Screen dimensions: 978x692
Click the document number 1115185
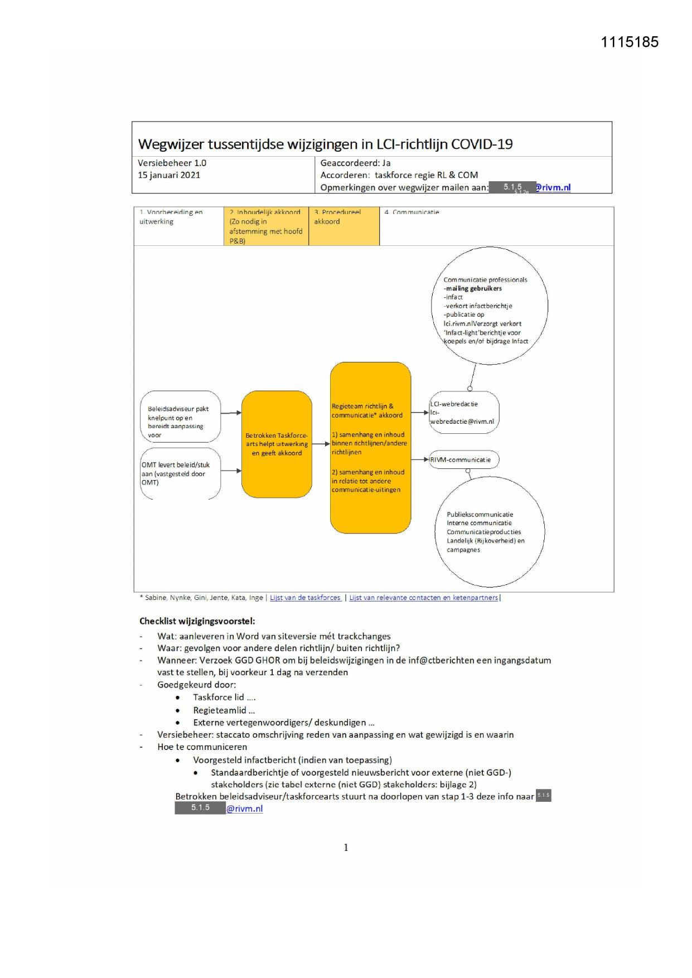pyautogui.click(x=629, y=42)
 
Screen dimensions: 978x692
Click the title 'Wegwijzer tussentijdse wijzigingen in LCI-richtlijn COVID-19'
pyautogui.click(x=325, y=144)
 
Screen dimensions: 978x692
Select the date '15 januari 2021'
pyautogui.click(x=169, y=175)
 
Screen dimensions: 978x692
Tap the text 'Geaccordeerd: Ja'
pyautogui.click(x=355, y=163)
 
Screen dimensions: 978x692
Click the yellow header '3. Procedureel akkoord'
pyautogui.click(x=343, y=226)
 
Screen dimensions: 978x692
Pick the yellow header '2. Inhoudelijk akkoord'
pyautogui.click(x=266, y=226)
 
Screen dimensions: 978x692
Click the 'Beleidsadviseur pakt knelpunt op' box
pyautogui.click(x=180, y=417)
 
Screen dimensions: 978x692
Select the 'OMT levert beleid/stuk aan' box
pyautogui.click(x=180, y=473)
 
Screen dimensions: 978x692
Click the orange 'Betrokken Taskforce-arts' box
pyautogui.click(x=277, y=444)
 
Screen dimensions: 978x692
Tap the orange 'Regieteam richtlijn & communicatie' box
pyautogui.click(x=370, y=448)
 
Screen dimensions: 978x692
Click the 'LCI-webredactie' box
pyautogui.click(x=463, y=413)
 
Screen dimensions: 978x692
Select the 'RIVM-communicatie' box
pyautogui.click(x=463, y=459)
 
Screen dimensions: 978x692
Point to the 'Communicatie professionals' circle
pyautogui.click(x=489, y=306)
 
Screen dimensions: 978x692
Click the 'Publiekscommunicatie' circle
pyautogui.click(x=489, y=531)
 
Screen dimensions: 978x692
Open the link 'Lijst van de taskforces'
pyautogui.click(x=305, y=598)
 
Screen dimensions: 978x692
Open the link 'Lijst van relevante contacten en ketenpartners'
pyautogui.click(x=423, y=598)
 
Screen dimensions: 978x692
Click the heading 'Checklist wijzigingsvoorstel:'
pyautogui.click(x=197, y=621)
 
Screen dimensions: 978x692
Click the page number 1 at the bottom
pyautogui.click(x=346, y=848)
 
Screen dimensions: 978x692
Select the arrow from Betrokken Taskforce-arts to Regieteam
pyautogui.click(x=321, y=444)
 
